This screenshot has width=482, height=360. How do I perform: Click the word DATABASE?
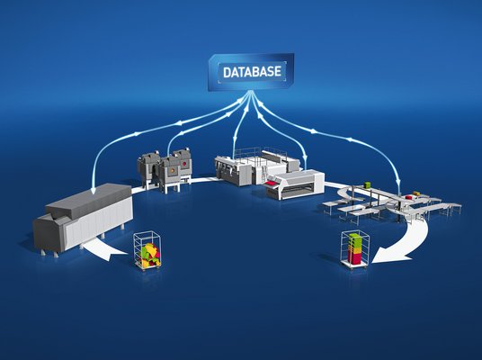252,72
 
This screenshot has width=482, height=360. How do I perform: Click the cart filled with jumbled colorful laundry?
147,250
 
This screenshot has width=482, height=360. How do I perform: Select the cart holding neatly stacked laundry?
355,250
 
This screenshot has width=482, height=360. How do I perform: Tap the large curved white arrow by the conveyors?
409,243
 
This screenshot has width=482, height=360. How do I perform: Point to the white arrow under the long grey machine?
103,247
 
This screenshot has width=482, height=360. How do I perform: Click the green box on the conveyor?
367,184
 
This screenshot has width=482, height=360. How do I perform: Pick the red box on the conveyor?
408,197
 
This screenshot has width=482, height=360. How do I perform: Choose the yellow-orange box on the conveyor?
416,193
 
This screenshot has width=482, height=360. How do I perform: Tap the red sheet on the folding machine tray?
272,183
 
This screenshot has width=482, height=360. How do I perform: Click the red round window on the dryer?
184,164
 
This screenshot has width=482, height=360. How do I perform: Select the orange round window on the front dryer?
172,170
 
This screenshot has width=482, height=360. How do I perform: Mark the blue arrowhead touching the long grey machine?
94,191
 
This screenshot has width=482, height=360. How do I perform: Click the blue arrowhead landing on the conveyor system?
398,182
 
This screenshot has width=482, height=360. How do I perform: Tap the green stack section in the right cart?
354,239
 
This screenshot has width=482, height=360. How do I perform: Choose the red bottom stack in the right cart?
354,257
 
